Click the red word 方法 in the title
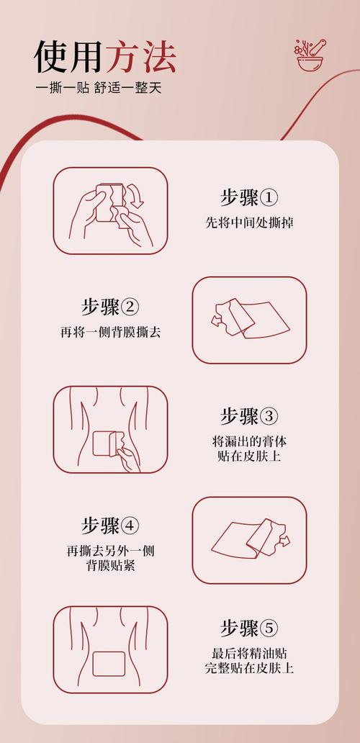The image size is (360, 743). (141, 57)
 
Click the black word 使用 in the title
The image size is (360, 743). (69, 57)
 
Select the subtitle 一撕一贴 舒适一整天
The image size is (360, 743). (100, 89)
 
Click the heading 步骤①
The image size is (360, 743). (248, 197)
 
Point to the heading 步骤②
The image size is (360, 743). (110, 307)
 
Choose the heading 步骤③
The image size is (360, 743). (248, 416)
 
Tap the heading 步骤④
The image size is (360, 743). (110, 526)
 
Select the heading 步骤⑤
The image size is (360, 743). (248, 628)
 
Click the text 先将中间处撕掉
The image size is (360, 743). (248, 222)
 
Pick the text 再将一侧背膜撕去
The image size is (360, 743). (110, 333)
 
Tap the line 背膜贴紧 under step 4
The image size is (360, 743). (110, 566)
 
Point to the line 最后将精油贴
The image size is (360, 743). (248, 654)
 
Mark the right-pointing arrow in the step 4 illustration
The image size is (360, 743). (284, 538)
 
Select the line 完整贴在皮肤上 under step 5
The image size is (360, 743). (248, 669)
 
